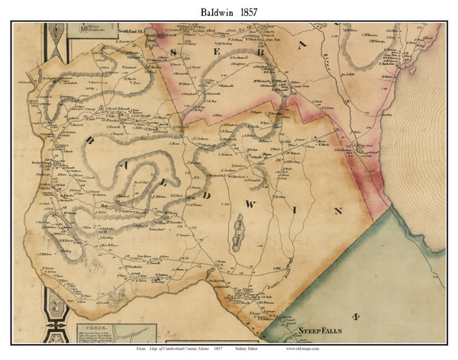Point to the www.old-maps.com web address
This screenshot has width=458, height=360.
pyautogui.click(x=309, y=349)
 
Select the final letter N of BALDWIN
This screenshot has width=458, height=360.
pyautogui.click(x=338, y=209)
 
